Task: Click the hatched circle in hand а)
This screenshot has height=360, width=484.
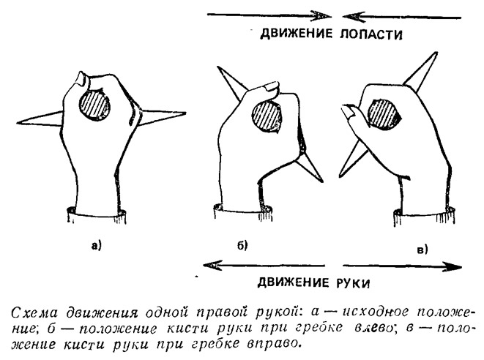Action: pos(94,105)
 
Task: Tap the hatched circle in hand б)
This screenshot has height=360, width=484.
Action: pos(267,118)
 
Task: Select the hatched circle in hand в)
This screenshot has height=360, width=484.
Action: pos(384,114)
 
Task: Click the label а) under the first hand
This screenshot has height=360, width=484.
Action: pos(96,246)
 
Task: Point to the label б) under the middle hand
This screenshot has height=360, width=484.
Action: pos(242,245)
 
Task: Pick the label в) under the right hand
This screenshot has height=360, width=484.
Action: pos(422,250)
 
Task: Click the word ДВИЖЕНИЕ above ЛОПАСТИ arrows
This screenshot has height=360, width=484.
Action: pos(297,33)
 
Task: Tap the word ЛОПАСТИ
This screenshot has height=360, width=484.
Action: pos(371,34)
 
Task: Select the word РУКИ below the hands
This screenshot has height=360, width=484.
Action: pos(352,283)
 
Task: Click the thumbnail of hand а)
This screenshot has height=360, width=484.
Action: pos(83,79)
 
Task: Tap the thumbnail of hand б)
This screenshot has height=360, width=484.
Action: pos(272,86)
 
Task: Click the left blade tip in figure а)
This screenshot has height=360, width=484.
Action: pos(18,124)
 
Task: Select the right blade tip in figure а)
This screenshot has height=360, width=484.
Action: pos(185,113)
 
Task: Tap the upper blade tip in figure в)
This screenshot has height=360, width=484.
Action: pos(436,53)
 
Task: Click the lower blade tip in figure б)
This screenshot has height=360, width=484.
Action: pos(323,181)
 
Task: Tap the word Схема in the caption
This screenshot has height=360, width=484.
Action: pos(35,312)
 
